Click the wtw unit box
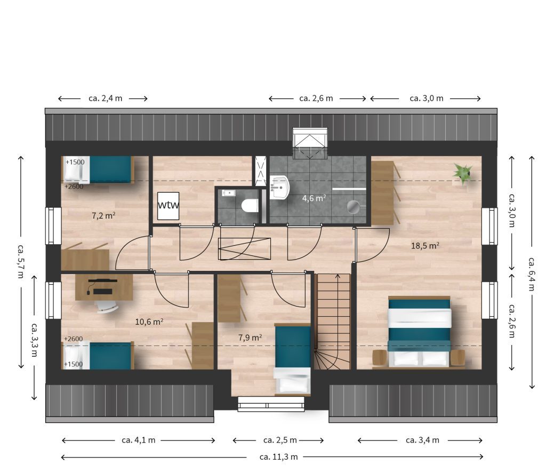[168, 206]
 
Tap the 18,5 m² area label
[425, 246]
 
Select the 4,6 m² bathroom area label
[314, 198]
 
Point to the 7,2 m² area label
[103, 215]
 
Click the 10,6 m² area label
[149, 322]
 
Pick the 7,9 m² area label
[250, 338]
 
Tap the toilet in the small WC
[250, 205]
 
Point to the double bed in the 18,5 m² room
[419, 331]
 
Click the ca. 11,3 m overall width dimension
[278, 456]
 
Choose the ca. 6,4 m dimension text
[532, 274]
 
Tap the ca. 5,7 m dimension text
[21, 261]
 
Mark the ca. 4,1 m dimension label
[138, 440]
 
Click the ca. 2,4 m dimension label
[105, 98]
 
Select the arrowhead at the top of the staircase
[338, 276]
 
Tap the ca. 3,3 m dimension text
[34, 340]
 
